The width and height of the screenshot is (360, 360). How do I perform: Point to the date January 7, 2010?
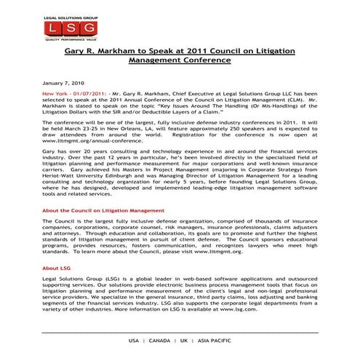64,84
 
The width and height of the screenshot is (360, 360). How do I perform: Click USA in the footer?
134,340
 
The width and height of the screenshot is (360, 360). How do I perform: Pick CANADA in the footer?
160,340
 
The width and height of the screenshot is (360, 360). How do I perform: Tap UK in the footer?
185,340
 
